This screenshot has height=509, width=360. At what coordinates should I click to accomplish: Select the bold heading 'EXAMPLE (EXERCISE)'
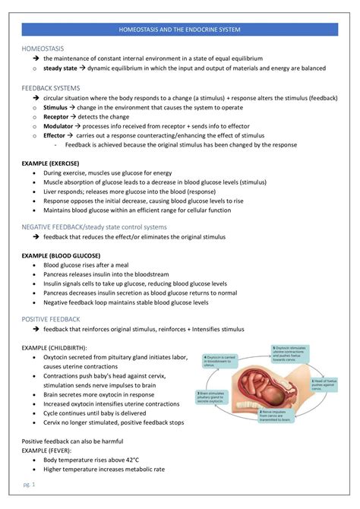pos(50,163)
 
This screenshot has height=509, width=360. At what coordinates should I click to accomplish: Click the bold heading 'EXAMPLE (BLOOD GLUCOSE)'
pos(61,255)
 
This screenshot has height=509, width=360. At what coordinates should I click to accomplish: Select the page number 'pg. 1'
pos(28,484)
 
